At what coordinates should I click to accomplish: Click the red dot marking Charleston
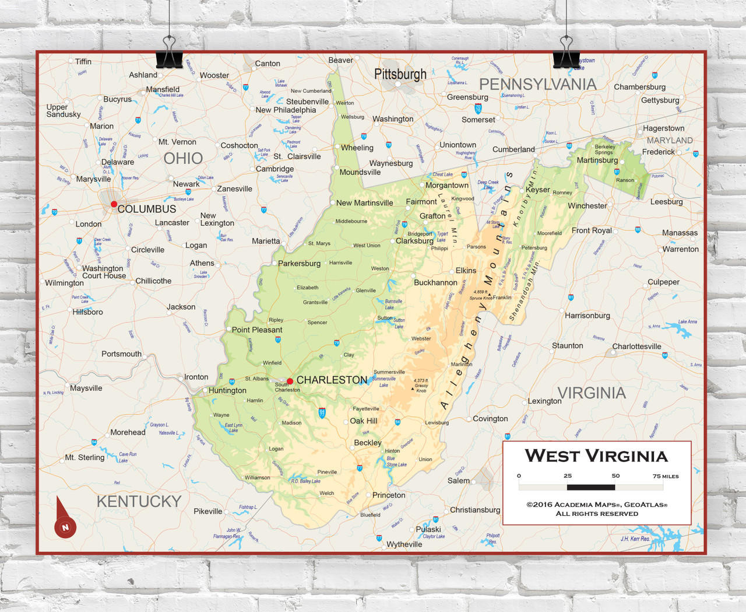point(290,381)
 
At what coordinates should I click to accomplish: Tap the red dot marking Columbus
point(114,204)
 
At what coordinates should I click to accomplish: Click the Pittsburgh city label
point(400,74)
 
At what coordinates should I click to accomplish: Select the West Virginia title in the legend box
point(596,456)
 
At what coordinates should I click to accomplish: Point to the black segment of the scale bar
point(591,487)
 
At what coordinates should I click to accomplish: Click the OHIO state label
point(183,159)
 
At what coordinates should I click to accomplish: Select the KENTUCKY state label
point(139,501)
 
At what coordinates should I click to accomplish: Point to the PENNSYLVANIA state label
point(537,85)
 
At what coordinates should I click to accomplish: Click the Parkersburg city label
point(299,263)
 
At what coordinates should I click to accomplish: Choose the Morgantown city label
point(446,185)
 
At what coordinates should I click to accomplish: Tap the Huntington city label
point(227,390)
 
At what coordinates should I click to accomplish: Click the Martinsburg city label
point(597,160)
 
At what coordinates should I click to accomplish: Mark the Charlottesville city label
point(636,346)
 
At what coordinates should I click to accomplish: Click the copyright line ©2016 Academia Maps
point(597,505)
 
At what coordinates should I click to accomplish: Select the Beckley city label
point(368,443)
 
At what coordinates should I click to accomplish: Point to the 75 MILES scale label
point(666,476)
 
